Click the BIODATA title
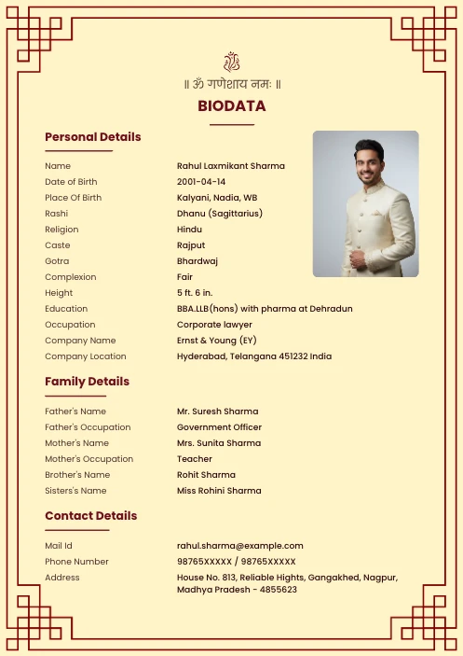coord(231,106)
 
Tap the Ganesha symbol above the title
coord(231,63)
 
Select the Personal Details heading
coord(93,137)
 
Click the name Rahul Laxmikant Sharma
coord(231,166)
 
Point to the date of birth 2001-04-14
coord(201,182)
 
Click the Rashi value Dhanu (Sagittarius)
coord(220,214)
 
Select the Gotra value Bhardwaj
coord(197,261)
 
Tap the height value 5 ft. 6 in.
coord(195,293)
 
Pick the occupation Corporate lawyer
coord(214,325)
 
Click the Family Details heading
coord(88,382)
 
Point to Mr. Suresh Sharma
coord(218,412)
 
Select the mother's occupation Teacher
coord(195,459)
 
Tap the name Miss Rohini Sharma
coord(219,491)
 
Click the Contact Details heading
coord(91,516)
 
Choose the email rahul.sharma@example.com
coord(240,546)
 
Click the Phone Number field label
coord(76,562)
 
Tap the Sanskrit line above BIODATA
coord(232,84)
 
